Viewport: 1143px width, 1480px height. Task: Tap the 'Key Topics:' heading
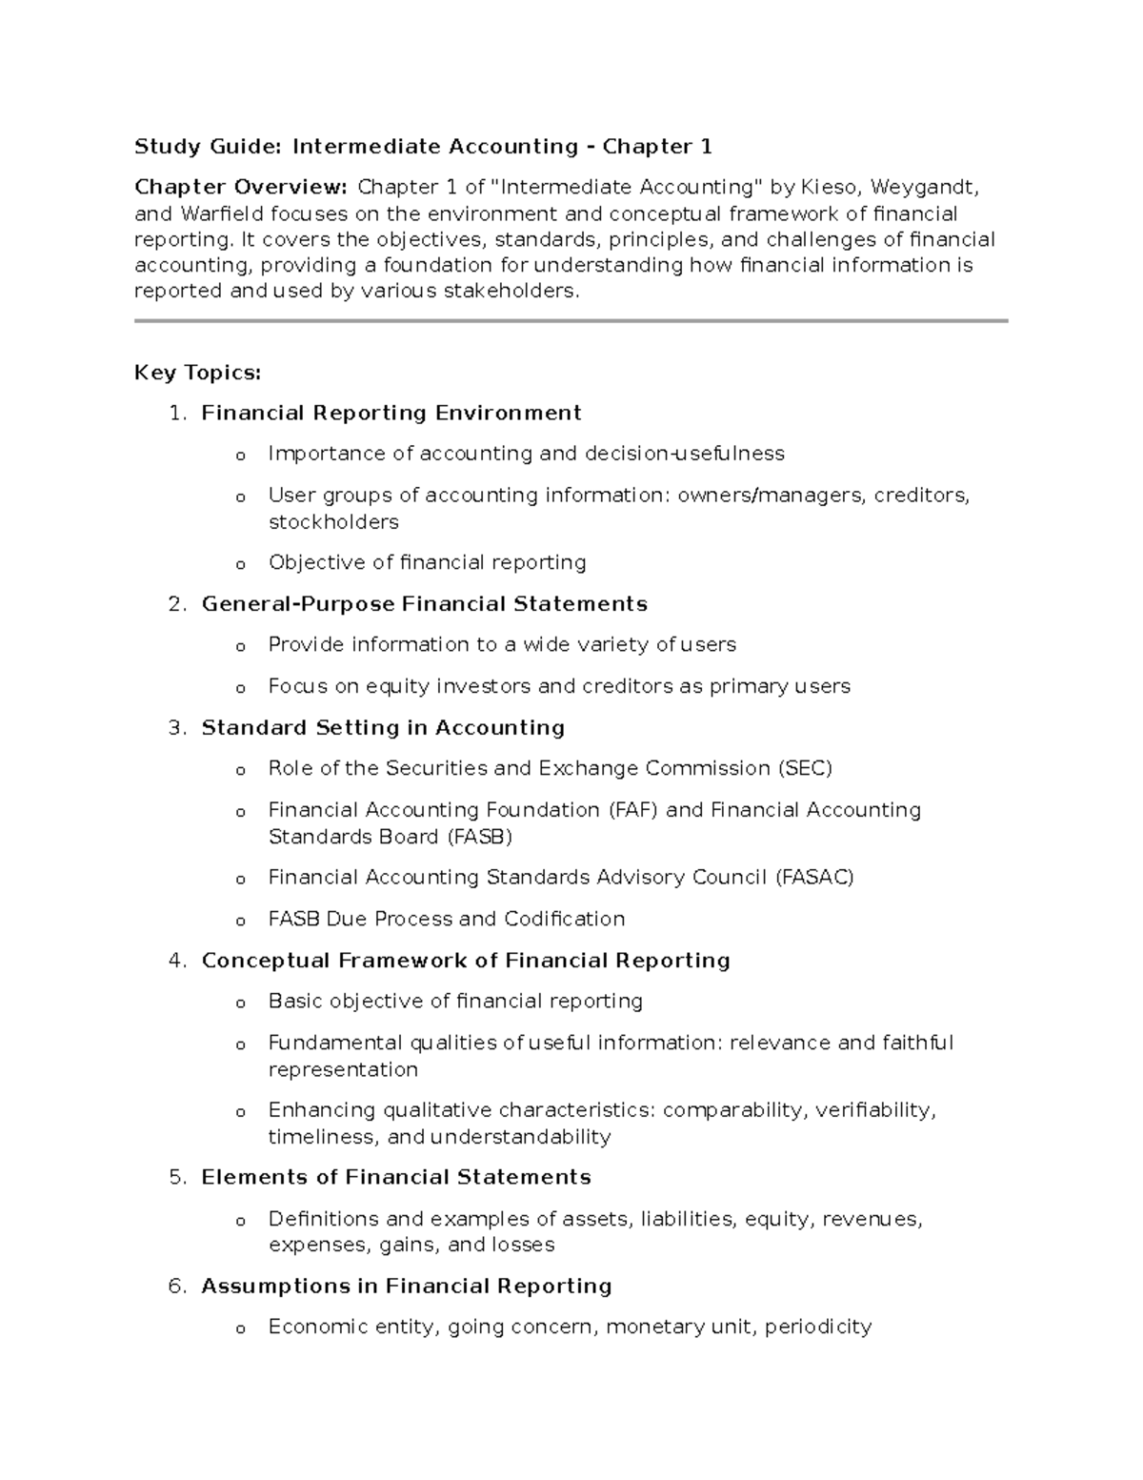coord(197,373)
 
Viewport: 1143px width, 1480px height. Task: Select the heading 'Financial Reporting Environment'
coord(391,414)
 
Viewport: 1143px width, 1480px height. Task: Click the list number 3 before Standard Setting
coord(176,728)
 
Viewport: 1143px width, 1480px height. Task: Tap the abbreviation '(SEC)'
coord(805,768)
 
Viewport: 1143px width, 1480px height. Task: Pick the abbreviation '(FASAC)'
coord(814,877)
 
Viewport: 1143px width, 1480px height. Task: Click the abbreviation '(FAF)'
coord(632,810)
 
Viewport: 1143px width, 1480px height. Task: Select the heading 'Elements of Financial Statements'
coord(396,1178)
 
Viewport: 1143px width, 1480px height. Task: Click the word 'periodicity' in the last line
coord(818,1327)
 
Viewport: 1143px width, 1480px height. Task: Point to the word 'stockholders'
coord(333,522)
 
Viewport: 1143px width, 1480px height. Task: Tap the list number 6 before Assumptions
coord(176,1287)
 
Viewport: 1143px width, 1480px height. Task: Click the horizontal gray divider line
coord(571,322)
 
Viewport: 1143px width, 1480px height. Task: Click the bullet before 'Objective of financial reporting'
coord(240,564)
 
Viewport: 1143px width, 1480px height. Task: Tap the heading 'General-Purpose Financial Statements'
coord(424,604)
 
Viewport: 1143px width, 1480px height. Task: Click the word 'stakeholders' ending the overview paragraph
coord(511,292)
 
